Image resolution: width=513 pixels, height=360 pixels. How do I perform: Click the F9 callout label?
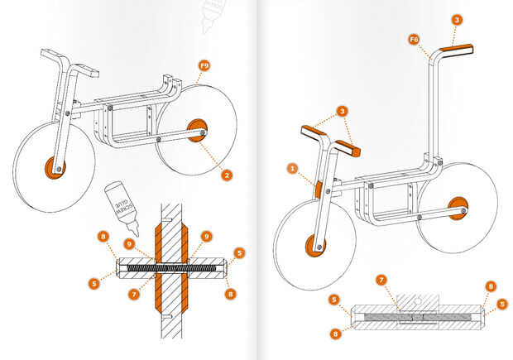click(x=204, y=65)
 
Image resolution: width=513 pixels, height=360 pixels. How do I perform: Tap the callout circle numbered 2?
click(x=227, y=175)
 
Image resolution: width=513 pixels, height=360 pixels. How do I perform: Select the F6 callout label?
click(x=414, y=40)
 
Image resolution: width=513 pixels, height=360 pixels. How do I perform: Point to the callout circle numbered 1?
click(x=292, y=169)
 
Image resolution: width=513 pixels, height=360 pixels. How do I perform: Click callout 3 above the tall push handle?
click(x=457, y=20)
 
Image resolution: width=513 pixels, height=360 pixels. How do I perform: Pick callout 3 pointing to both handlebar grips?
click(x=343, y=111)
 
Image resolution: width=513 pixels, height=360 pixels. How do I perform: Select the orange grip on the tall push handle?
click(x=456, y=50)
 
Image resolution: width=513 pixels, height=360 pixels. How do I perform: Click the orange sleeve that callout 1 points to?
click(x=318, y=190)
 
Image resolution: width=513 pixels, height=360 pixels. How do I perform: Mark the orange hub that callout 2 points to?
click(x=196, y=130)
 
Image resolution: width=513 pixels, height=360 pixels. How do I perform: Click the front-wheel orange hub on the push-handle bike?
click(x=314, y=246)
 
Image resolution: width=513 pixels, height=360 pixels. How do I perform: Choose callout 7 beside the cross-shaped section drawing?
click(x=134, y=295)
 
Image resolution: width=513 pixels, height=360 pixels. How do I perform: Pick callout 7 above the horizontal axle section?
click(x=381, y=281)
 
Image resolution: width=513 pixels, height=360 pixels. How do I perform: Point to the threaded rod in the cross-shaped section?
click(x=171, y=268)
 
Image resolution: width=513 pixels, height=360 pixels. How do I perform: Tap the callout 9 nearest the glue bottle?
click(x=130, y=244)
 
